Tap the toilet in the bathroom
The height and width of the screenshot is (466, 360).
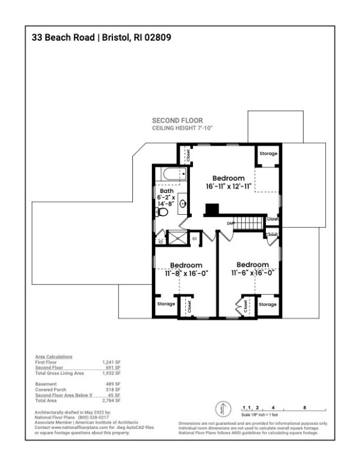[162, 212]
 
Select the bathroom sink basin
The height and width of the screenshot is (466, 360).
[182, 204]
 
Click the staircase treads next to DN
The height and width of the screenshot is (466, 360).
[249, 224]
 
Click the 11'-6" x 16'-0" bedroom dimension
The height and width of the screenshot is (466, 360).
[251, 273]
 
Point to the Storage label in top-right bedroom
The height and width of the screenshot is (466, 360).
[268, 154]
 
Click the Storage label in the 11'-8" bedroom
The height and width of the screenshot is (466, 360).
[166, 304]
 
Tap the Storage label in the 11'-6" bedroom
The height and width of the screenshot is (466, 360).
[268, 304]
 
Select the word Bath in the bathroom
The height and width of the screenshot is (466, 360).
[166, 191]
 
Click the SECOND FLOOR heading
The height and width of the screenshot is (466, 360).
[177, 121]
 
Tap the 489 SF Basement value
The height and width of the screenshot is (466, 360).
[114, 382]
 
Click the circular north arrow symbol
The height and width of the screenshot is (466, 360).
[223, 408]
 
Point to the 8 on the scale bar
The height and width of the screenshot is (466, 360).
[304, 407]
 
